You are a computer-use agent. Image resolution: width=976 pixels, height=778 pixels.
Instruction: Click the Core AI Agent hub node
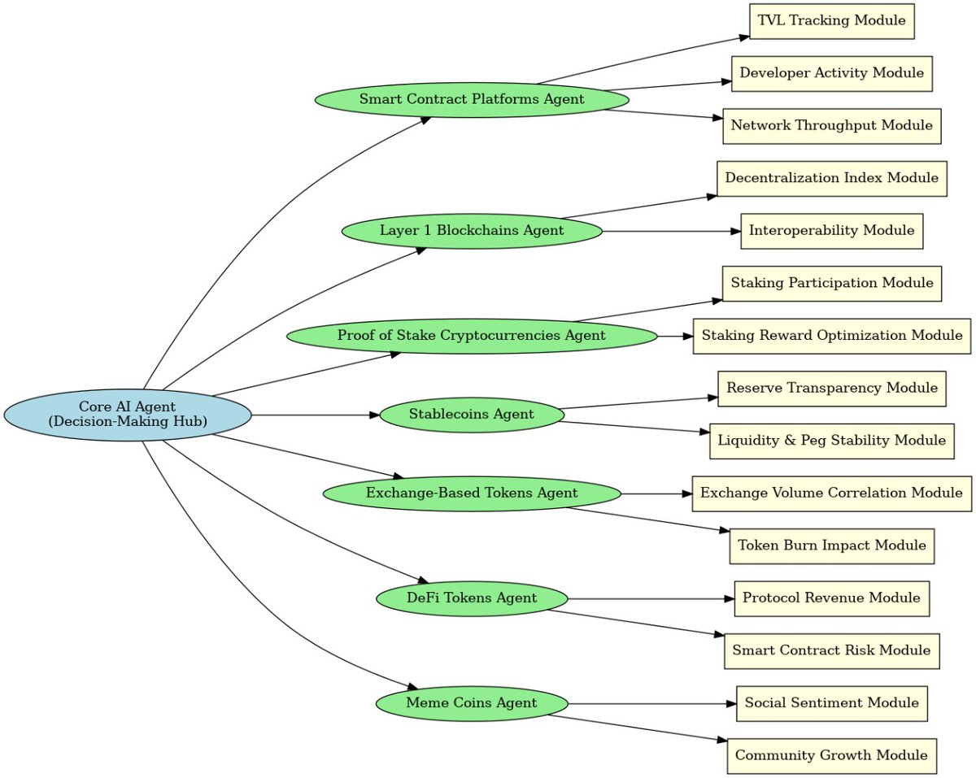point(127,415)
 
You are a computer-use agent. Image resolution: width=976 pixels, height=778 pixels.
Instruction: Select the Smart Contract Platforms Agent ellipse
point(471,99)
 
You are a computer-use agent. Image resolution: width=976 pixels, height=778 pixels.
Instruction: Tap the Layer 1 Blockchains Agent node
point(471,231)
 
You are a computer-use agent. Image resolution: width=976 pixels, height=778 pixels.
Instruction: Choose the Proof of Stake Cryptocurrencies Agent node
point(471,336)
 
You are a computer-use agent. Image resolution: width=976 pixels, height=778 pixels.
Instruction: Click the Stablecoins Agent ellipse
point(471,415)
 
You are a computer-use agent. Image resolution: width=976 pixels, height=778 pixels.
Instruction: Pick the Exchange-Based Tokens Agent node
point(471,493)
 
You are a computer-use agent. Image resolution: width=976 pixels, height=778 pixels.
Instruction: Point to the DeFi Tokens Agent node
point(471,599)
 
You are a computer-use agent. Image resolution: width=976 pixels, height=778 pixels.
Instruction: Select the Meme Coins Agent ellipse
point(471,703)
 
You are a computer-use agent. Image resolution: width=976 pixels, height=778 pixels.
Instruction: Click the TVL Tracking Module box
point(831,21)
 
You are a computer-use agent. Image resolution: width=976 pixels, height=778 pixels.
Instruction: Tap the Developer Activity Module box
point(831,74)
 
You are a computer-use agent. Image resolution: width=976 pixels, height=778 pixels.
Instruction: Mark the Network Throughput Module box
point(831,126)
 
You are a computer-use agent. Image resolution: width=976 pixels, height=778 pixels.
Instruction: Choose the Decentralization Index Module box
point(831,179)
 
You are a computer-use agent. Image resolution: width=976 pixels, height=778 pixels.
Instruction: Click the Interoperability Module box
point(831,231)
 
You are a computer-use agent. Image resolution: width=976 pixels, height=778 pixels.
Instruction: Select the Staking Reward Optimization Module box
point(831,336)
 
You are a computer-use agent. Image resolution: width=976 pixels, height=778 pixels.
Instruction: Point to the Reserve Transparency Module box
point(831,388)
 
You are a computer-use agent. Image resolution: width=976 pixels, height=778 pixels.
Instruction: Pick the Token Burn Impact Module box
point(831,545)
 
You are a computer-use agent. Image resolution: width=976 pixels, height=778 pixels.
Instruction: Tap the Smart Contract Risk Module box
point(831,650)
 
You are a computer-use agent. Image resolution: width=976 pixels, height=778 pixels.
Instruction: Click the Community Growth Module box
point(831,756)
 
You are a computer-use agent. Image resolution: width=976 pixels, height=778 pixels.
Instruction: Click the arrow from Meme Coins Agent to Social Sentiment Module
point(651,703)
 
